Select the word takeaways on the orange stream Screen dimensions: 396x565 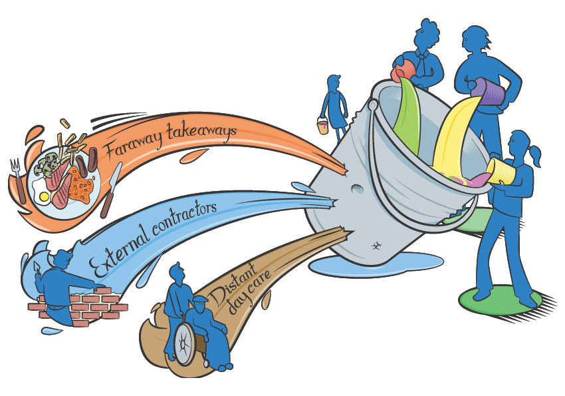pos(205,134)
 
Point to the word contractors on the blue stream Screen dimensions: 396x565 pos(184,216)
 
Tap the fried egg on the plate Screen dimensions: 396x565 pos(44,197)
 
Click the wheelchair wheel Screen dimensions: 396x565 pos(184,346)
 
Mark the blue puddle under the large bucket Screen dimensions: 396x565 pos(372,266)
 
